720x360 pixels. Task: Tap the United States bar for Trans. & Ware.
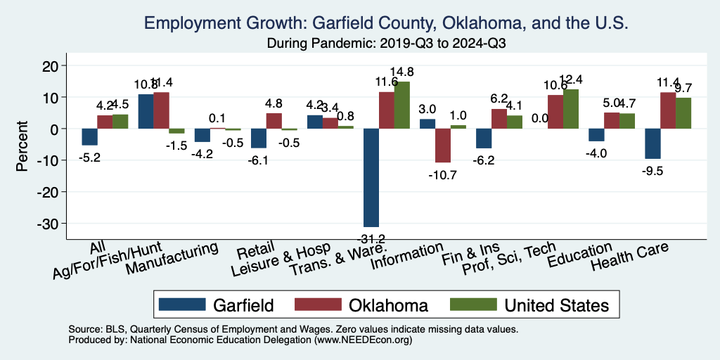coord(401,105)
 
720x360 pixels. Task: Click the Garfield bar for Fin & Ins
coord(483,139)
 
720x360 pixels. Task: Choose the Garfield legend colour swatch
coord(182,304)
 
